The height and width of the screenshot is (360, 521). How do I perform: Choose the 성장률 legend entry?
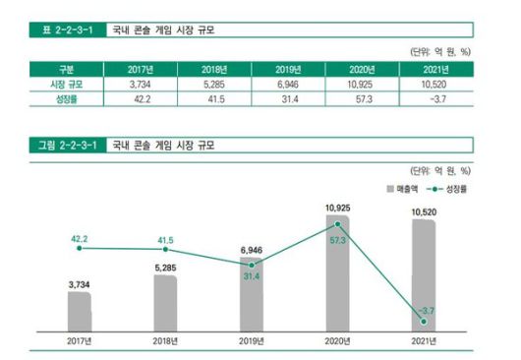click(x=447, y=187)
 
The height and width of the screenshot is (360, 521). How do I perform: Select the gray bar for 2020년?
click(x=336, y=275)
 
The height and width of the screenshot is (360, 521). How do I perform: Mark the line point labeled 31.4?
click(x=251, y=266)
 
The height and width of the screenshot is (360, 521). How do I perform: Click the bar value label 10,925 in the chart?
click(x=337, y=208)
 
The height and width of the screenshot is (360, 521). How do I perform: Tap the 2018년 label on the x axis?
click(x=165, y=342)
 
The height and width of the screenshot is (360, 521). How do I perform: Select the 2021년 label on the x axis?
click(x=423, y=342)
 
